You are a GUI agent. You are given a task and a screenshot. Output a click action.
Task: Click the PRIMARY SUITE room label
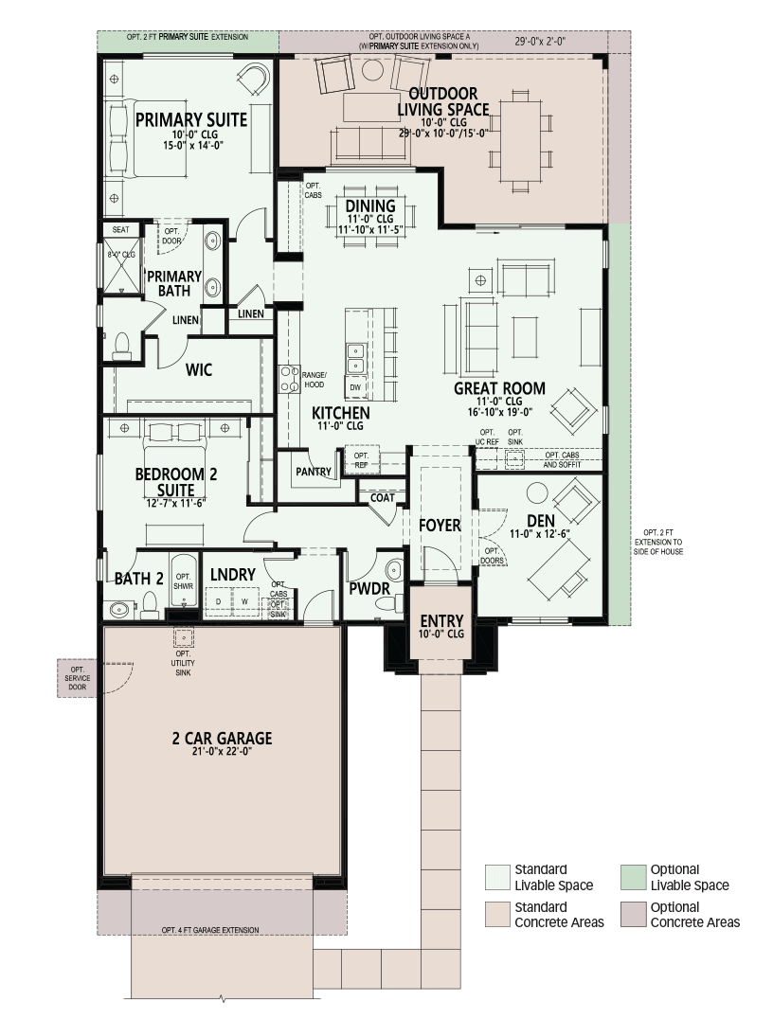pyautogui.click(x=191, y=120)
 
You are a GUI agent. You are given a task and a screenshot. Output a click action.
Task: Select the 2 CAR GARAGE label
pyautogui.click(x=223, y=739)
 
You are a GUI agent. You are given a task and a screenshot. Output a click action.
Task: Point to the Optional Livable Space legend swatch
pyautogui.click(x=633, y=877)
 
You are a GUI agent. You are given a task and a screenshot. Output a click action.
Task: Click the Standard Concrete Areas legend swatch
pyautogui.click(x=497, y=915)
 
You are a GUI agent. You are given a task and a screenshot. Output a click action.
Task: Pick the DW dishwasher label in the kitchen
pyautogui.click(x=355, y=388)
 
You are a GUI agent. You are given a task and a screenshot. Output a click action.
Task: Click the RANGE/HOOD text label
pyautogui.click(x=314, y=380)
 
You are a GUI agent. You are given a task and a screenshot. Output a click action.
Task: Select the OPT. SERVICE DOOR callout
pyautogui.click(x=78, y=678)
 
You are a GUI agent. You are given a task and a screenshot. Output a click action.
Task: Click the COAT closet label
pyautogui.click(x=383, y=498)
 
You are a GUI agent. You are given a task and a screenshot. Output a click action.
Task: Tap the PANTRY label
pyautogui.click(x=314, y=472)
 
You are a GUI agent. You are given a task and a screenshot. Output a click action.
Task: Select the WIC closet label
pyautogui.click(x=198, y=369)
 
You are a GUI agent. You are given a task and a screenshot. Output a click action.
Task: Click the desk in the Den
pyautogui.click(x=559, y=568)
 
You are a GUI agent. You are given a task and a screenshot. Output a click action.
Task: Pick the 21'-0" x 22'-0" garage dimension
pyautogui.click(x=222, y=751)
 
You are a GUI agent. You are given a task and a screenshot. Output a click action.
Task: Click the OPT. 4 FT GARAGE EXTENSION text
pyautogui.click(x=210, y=931)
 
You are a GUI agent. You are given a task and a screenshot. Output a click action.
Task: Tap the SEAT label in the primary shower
pyautogui.click(x=121, y=229)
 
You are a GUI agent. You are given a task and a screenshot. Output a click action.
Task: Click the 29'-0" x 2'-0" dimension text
pyautogui.click(x=540, y=42)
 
